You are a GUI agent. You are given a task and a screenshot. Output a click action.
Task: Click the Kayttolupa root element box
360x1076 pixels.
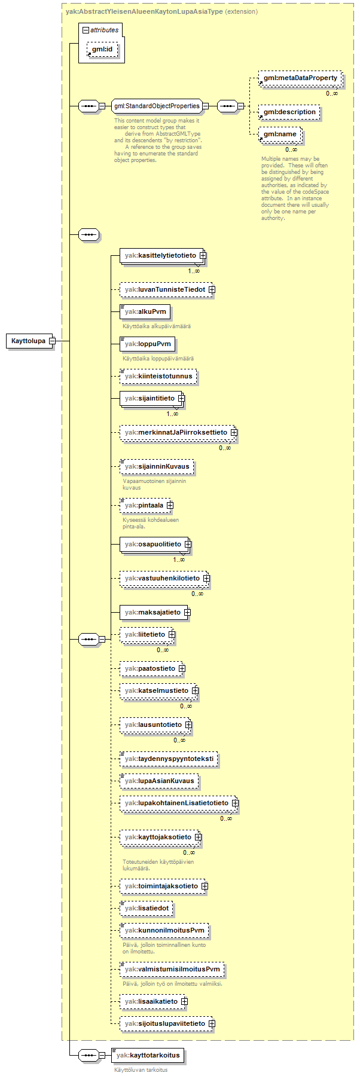pyautogui.click(x=29, y=341)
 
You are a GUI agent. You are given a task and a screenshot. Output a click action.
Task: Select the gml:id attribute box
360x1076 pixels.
pyautogui.click(x=102, y=49)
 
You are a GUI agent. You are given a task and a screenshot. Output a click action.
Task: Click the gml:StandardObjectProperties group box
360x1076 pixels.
pyautogui.click(x=156, y=106)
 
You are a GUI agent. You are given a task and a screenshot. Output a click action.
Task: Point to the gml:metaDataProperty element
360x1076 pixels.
pyautogui.click(x=300, y=78)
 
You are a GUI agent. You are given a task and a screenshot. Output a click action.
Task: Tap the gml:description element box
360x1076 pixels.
pyautogui.click(x=289, y=112)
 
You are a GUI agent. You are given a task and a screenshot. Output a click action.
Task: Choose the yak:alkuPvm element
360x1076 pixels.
pyautogui.click(x=145, y=311)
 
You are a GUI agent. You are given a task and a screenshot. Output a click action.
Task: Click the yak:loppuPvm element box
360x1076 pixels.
pyautogui.click(x=147, y=344)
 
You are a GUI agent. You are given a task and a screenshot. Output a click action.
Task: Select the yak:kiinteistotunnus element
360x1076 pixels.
pyautogui.click(x=158, y=376)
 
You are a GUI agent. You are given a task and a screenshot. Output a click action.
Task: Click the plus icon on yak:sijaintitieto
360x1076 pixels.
pyautogui.click(x=181, y=398)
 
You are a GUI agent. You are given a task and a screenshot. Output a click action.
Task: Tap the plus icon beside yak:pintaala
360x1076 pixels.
pyautogui.click(x=170, y=505)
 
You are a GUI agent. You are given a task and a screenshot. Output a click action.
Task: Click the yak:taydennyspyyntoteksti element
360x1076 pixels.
pyautogui.click(x=168, y=759)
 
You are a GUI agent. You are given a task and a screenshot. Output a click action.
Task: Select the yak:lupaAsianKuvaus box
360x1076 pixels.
pyautogui.click(x=159, y=781)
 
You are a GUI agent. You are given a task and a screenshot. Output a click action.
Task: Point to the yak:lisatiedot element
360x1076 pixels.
pyautogui.click(x=147, y=908)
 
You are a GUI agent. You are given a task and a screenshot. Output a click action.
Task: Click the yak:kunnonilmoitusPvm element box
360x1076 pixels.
pyautogui.click(x=164, y=930)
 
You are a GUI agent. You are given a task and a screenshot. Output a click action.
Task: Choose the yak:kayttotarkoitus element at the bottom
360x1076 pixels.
pyautogui.click(x=148, y=1055)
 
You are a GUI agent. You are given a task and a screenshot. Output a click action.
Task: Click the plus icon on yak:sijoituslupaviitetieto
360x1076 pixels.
pyautogui.click(x=212, y=1024)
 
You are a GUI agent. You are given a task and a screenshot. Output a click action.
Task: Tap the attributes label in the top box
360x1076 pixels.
pyautogui.click(x=104, y=30)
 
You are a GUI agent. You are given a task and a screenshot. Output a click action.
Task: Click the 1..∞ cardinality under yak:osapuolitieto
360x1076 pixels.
pyautogui.click(x=179, y=560)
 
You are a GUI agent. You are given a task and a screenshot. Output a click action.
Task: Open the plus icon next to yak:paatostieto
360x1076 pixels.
pyautogui.click(x=182, y=668)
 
